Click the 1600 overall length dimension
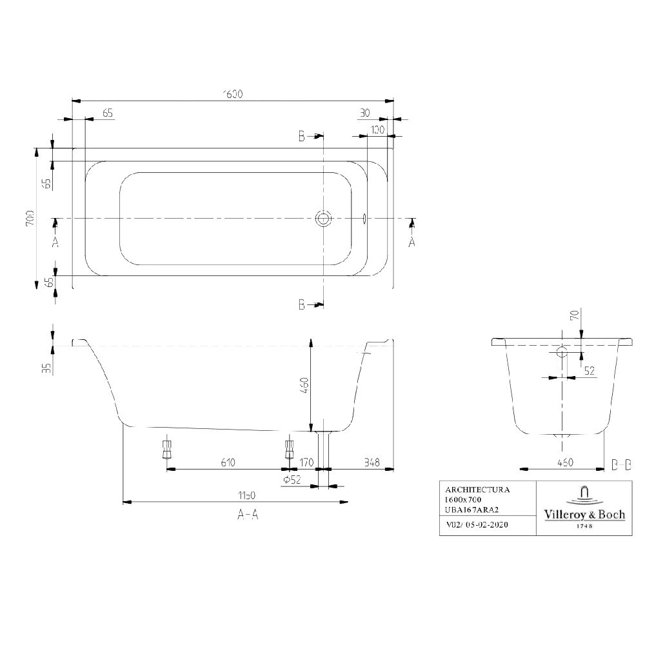click(x=232, y=94)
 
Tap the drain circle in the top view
click(x=323, y=219)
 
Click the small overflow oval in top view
click(x=364, y=219)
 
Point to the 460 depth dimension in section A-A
click(x=304, y=384)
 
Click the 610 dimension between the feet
click(x=227, y=462)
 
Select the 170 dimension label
click(x=306, y=462)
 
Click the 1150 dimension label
click(x=246, y=495)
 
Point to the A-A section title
click(x=248, y=514)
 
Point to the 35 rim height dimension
click(x=46, y=368)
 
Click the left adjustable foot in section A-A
click(x=167, y=447)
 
